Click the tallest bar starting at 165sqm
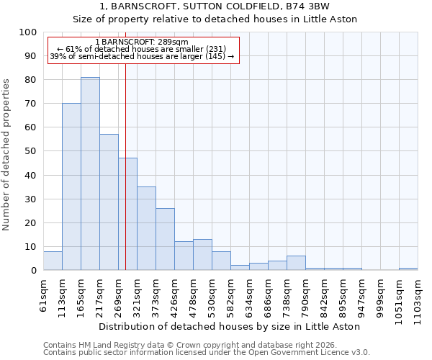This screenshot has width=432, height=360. point(90,174)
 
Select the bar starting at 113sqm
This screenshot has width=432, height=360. point(71,186)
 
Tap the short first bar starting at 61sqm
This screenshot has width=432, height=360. point(53,261)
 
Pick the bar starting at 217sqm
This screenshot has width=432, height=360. point(109,202)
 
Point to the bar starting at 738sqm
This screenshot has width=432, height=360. point(296,263)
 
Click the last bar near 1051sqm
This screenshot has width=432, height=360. point(408,269)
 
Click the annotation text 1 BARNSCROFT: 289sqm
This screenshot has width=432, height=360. point(141,42)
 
